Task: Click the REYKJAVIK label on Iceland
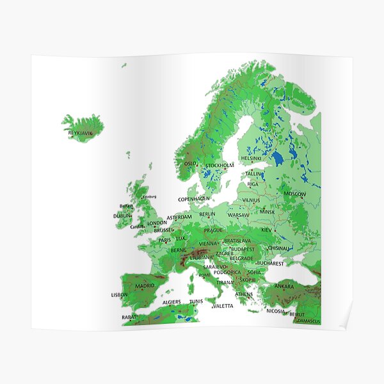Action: pyautogui.click(x=81, y=132)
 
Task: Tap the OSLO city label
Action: pyautogui.click(x=191, y=164)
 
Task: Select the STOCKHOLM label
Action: pyautogui.click(x=220, y=165)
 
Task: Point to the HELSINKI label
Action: pyautogui.click(x=251, y=158)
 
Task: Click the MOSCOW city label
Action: pyautogui.click(x=294, y=193)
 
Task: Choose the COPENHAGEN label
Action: pyautogui.click(x=194, y=199)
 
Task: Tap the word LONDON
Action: pyautogui.click(x=157, y=223)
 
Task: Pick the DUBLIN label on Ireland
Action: pyautogui.click(x=122, y=216)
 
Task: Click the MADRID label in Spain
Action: pyautogui.click(x=145, y=285)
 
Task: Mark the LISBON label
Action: pyautogui.click(x=120, y=295)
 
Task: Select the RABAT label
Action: pyautogui.click(x=129, y=316)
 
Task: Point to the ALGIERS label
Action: pyautogui.click(x=172, y=301)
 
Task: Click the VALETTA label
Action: pyautogui.click(x=223, y=306)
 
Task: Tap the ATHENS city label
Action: pyautogui.click(x=244, y=294)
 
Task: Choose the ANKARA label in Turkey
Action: pyautogui.click(x=284, y=286)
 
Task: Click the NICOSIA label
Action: pyautogui.click(x=275, y=311)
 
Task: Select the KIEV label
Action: pyautogui.click(x=266, y=229)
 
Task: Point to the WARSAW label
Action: pyautogui.click(x=239, y=215)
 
